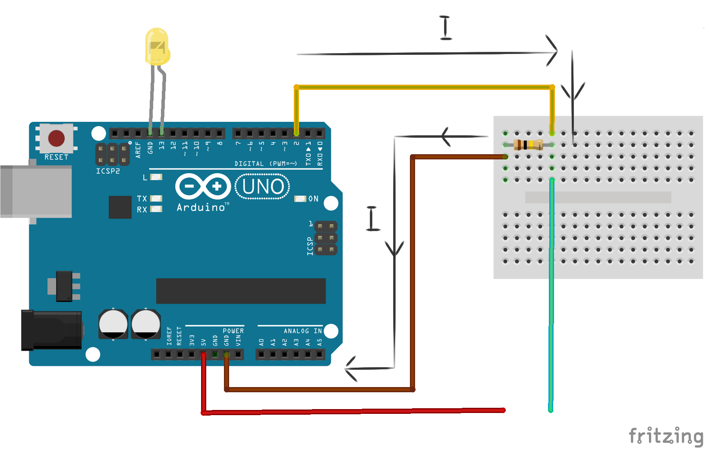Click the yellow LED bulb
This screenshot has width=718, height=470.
click(157, 47)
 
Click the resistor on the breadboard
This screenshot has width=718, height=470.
click(528, 145)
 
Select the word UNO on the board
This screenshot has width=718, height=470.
click(263, 187)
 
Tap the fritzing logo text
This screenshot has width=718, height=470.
click(666, 436)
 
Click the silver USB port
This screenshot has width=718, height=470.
click(36, 191)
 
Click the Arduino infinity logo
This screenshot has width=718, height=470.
click(203, 186)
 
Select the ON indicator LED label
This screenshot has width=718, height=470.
click(313, 199)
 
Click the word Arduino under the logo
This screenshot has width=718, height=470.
click(201, 208)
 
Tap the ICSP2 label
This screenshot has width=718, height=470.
click(108, 171)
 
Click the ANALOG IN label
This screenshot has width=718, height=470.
click(302, 331)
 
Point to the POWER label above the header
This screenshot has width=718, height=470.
click(233, 331)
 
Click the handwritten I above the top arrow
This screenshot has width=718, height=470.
click(445, 28)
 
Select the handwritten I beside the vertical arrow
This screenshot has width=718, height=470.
click(372, 219)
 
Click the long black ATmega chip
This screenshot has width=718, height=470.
click(241, 291)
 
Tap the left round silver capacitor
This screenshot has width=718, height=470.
click(113, 324)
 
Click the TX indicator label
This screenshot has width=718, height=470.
click(142, 199)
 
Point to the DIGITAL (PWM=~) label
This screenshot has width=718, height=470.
click(265, 164)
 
